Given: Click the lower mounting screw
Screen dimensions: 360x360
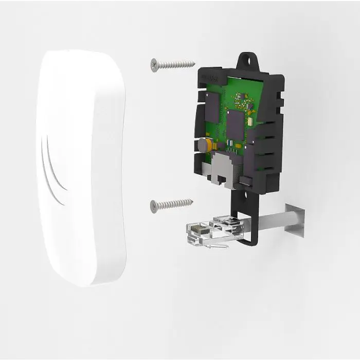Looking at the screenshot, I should (172, 204).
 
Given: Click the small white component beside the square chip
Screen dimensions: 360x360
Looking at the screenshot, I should (249, 123).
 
